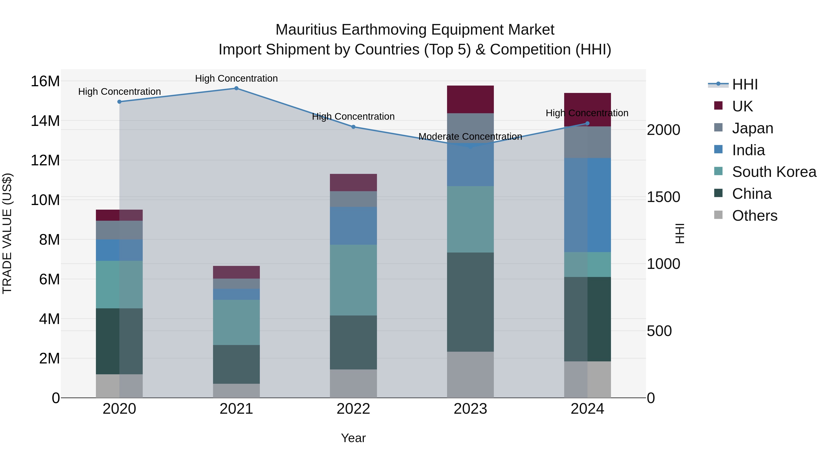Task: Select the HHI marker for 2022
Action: click(353, 127)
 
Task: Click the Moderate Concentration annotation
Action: click(470, 137)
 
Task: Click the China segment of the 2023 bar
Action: click(470, 302)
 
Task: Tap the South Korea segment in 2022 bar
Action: click(353, 280)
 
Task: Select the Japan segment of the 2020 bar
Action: click(119, 230)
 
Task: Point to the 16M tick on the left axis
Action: click(45, 81)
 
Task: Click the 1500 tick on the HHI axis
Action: click(663, 197)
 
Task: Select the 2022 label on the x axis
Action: click(353, 409)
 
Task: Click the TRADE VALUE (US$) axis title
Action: click(7, 233)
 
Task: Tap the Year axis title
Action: click(353, 438)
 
